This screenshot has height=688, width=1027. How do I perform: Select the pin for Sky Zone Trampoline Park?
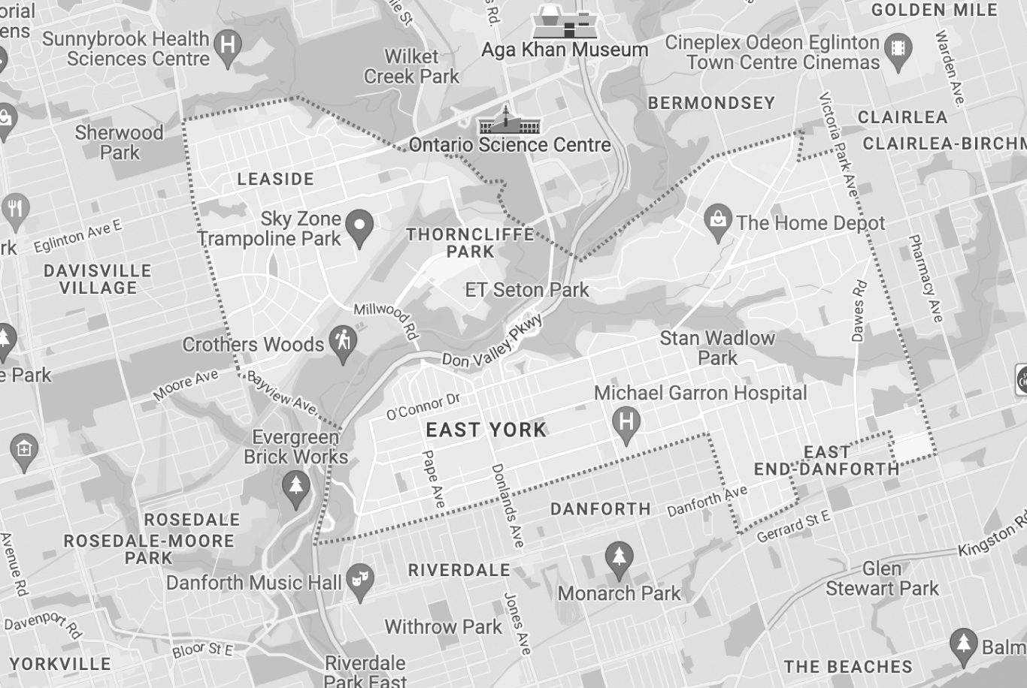tap(359, 226)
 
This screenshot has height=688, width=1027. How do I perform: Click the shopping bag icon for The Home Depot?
tap(718, 221)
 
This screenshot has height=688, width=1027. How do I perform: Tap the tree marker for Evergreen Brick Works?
tap(296, 486)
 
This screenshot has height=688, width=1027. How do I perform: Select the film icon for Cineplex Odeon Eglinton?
tap(898, 50)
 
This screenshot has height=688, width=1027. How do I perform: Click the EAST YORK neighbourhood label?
tap(486, 430)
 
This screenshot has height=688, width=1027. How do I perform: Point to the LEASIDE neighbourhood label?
tap(275, 180)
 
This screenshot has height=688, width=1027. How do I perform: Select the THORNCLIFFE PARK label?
tap(471, 243)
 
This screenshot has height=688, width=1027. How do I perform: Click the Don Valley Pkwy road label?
tap(492, 343)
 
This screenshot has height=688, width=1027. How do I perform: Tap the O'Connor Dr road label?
tap(423, 406)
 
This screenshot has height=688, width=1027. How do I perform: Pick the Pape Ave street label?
tap(434, 478)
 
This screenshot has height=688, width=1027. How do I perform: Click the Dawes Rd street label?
tap(859, 310)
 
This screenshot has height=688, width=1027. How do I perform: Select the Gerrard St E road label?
tap(793, 526)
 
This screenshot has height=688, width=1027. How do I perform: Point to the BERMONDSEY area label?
tap(711, 103)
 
